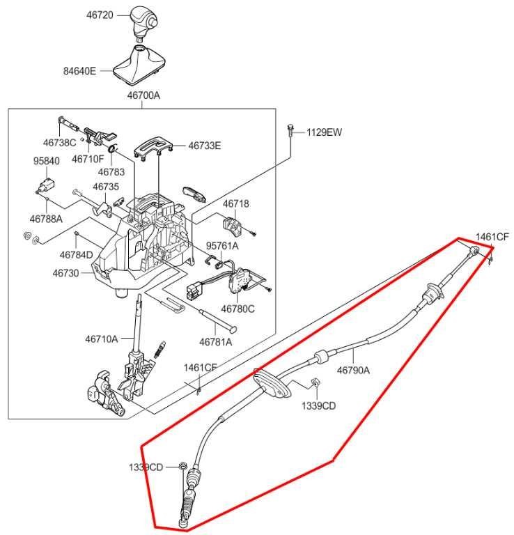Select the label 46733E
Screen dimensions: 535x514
pyautogui.click(x=204, y=146)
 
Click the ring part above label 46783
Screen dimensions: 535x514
pyautogui.click(x=113, y=148)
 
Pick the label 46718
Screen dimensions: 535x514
pyautogui.click(x=235, y=203)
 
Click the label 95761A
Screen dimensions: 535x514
pyautogui.click(x=221, y=245)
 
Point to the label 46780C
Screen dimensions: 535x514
pyautogui.click(x=238, y=307)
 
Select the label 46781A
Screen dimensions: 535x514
pyautogui.click(x=215, y=341)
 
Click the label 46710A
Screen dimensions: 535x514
pyautogui.click(x=102, y=339)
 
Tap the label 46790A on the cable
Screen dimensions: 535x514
pyautogui.click(x=353, y=371)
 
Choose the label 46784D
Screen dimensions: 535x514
pyautogui.click(x=76, y=254)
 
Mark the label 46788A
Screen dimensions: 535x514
pyautogui.click(x=47, y=219)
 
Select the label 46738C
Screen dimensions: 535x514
pyautogui.click(x=59, y=142)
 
